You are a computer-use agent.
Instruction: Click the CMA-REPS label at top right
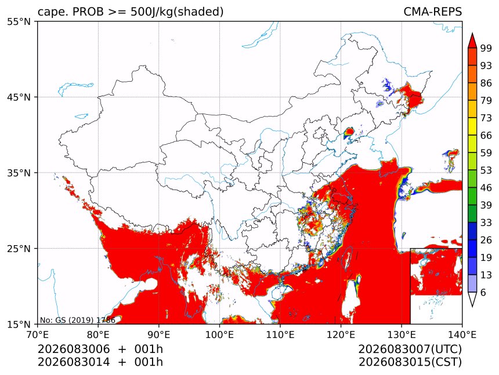pyautogui.click(x=432, y=12)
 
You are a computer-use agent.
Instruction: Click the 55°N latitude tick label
pyautogui.click(x=19, y=21)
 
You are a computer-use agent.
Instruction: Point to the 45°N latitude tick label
pyautogui.click(x=19, y=97)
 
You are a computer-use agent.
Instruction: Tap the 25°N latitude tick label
pyautogui.click(x=19, y=249)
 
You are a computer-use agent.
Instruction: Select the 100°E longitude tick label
pyautogui.click(x=219, y=334)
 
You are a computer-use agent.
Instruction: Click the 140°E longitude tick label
pyautogui.click(x=462, y=334)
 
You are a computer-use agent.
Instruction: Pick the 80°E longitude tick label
pyautogui.click(x=98, y=334)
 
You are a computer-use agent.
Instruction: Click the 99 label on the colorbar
pyautogui.click(x=486, y=48)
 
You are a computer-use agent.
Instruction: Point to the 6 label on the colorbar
pyautogui.click(x=483, y=292)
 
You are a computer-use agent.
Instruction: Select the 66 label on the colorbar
pyautogui.click(x=486, y=136)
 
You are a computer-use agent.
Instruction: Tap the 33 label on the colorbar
pyautogui.click(x=486, y=223)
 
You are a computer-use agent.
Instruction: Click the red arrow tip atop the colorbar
pyautogui.click(x=472, y=33)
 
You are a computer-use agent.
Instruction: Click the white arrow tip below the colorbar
pyautogui.click(x=472, y=307)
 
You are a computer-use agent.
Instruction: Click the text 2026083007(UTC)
pyautogui.click(x=410, y=349)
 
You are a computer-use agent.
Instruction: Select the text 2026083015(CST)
pyautogui.click(x=410, y=362)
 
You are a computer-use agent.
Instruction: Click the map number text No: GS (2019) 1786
pyautogui.click(x=77, y=320)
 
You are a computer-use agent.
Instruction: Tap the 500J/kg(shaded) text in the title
pyautogui.click(x=177, y=12)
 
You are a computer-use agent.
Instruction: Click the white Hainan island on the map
pyautogui.click(x=281, y=292)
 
